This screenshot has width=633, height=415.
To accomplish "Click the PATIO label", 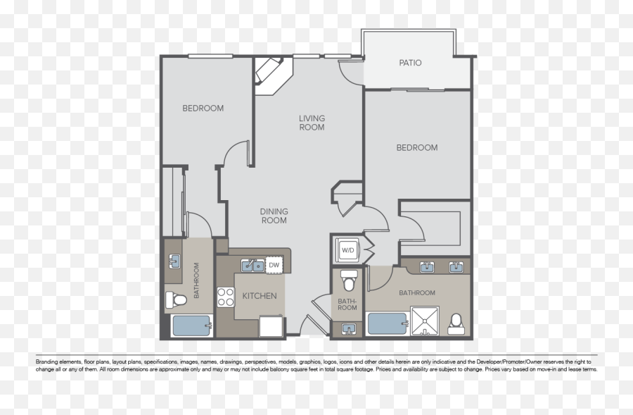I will coord(410,63).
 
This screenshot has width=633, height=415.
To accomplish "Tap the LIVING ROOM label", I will coord(312,123).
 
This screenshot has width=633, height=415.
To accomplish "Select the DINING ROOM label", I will coord(274,216).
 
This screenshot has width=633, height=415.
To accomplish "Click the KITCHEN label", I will coord(260,296).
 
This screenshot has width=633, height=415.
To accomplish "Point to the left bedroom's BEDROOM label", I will coord(203,108).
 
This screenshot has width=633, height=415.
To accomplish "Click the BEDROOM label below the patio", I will coord(416,147).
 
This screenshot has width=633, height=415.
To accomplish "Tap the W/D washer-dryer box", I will coord(347,249).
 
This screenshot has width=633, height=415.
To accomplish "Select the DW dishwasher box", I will coord(274,265).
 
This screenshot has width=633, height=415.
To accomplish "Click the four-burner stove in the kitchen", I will coord(225,297).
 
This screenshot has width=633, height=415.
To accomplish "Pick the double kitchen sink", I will coord(252,266).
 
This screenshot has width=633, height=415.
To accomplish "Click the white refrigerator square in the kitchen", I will coord(271,326).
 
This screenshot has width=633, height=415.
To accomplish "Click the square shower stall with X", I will coord(425,321).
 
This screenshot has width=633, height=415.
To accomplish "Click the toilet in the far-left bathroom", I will coord(178,300).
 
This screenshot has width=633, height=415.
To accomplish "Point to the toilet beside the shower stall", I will coord(456,323).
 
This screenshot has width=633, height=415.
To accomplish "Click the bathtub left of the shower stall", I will coord(388,324).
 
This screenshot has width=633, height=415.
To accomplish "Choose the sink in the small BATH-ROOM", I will coord(347,328).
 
